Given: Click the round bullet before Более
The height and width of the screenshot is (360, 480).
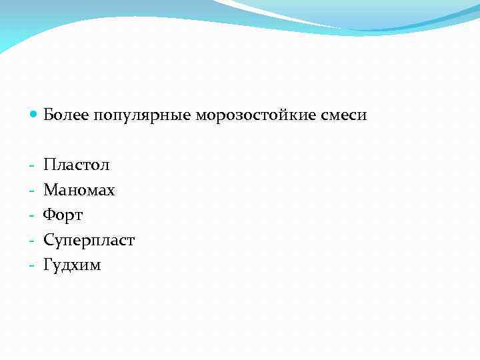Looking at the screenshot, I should click(34, 115).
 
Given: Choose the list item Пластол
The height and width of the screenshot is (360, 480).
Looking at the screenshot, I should click(77, 165).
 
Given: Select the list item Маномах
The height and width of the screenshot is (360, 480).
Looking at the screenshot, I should click(79, 190).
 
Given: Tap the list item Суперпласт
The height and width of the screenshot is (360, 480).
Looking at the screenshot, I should click(89, 240).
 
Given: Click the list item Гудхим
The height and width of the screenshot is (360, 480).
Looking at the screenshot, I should click(72, 265).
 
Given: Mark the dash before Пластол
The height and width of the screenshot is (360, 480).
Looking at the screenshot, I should click(32, 165).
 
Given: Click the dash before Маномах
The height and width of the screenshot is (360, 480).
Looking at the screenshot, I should click(32, 191).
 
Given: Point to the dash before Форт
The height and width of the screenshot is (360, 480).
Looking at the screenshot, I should click(32, 215).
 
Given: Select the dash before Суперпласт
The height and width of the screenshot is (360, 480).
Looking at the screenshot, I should click(32, 241).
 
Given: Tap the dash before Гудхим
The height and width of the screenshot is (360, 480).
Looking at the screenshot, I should click(32, 265).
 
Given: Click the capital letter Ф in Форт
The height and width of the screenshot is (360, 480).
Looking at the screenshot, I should click(49, 215).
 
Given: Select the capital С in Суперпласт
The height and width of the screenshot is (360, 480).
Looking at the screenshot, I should click(49, 240).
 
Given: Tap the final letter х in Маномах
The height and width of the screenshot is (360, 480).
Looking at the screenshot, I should click(111, 191).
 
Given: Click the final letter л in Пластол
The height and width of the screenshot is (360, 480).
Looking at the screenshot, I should click(105, 165).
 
